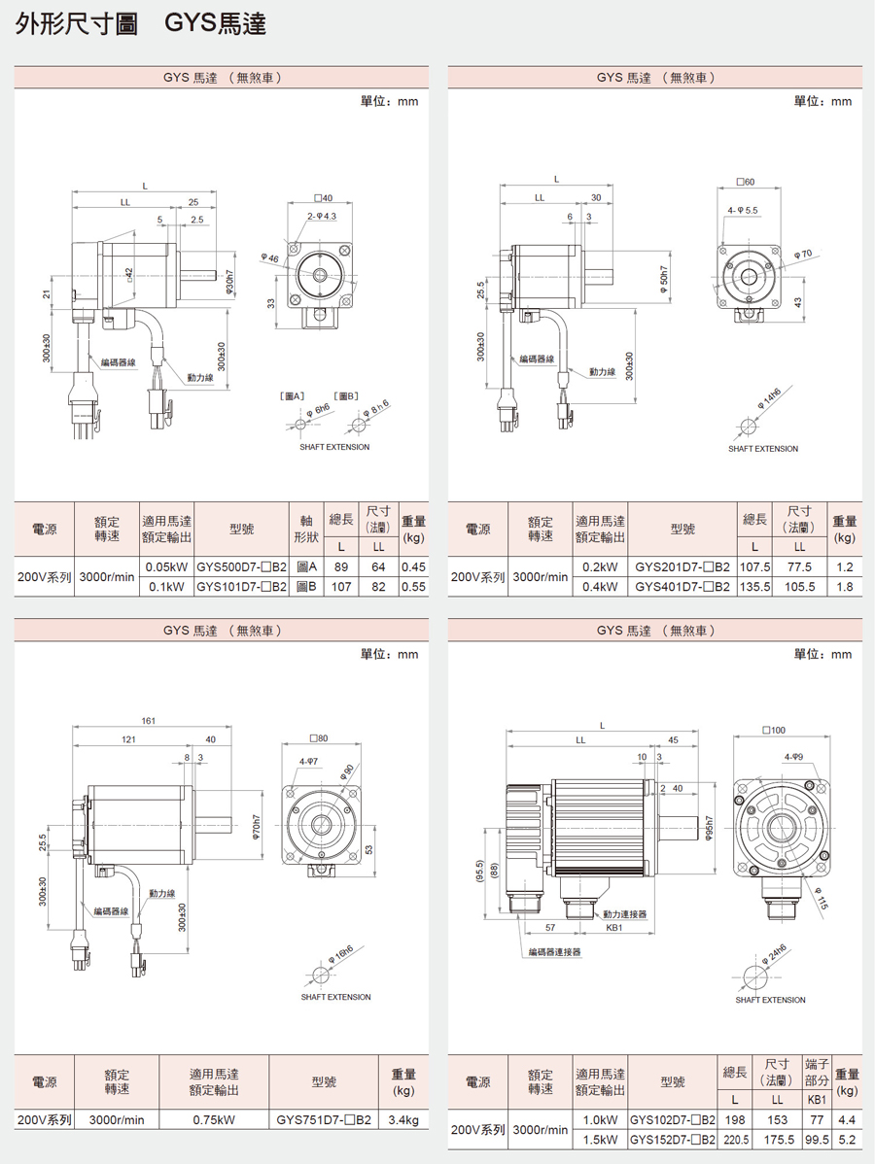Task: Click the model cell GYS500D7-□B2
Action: pos(241,566)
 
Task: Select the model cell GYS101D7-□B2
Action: pos(241,587)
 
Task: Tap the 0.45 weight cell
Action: pos(414,566)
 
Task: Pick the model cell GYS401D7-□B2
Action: pos(682,587)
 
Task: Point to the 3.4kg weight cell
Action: pos(403,1119)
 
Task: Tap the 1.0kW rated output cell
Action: pos(601,1119)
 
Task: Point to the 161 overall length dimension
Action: pos(149,721)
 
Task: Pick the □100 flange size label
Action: pos(774,729)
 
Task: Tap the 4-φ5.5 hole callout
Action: pos(743,210)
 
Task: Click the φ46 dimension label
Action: pos(269,257)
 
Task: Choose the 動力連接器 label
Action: pos(624,914)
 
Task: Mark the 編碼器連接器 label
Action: pos(555,952)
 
